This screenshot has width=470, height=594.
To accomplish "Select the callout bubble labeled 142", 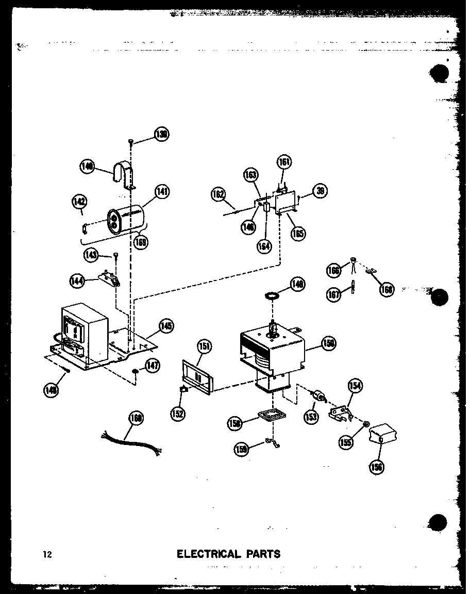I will coord(80,202).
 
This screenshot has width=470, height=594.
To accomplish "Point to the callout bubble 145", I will coord(165,326).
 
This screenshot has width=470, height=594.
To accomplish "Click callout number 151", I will coord(204,346).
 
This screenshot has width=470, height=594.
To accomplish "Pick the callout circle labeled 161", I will coord(284,162).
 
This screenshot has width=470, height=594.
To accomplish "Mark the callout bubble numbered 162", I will coord(219,194).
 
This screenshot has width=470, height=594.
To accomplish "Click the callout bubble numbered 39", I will coord(320,191).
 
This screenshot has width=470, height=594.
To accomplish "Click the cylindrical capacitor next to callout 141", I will coord(126,222).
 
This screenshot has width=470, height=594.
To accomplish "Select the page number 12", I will coord(47,555).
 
